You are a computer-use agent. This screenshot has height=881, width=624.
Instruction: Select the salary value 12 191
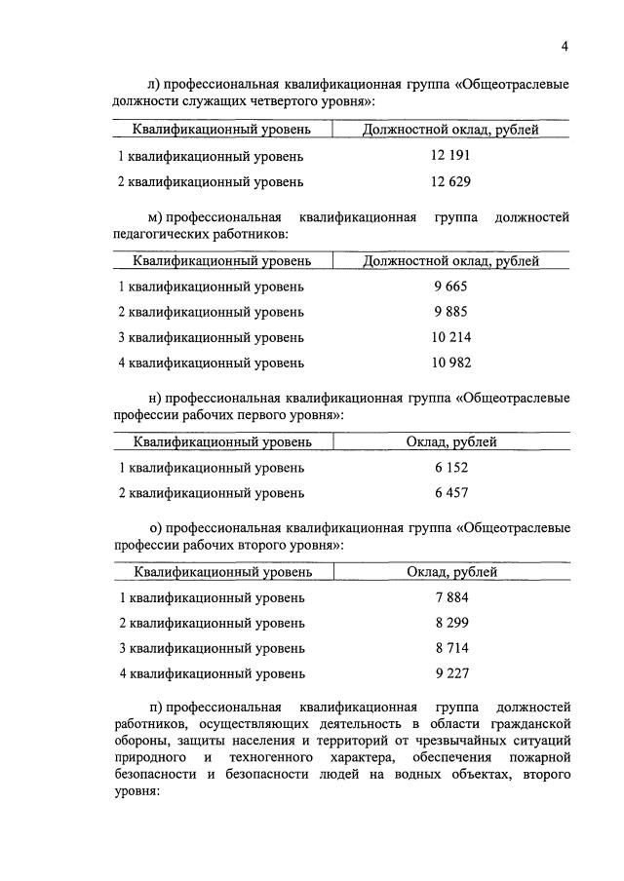pyautogui.click(x=450, y=156)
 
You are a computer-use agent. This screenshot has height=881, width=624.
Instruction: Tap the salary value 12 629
pyautogui.click(x=450, y=181)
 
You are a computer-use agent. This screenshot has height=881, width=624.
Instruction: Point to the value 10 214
pyautogui.click(x=450, y=337)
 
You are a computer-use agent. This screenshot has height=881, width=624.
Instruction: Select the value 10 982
pyautogui.click(x=450, y=363)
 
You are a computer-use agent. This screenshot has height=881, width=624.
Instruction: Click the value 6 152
pyautogui.click(x=451, y=468)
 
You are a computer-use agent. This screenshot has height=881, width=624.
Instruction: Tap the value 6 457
pyautogui.click(x=451, y=493)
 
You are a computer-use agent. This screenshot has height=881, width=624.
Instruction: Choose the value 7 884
pyautogui.click(x=451, y=597)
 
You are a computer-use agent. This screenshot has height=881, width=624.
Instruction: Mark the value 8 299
pyautogui.click(x=451, y=623)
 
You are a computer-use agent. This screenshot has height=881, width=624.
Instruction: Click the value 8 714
pyautogui.click(x=451, y=648)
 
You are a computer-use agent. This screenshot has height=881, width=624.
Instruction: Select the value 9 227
pyautogui.click(x=451, y=673)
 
